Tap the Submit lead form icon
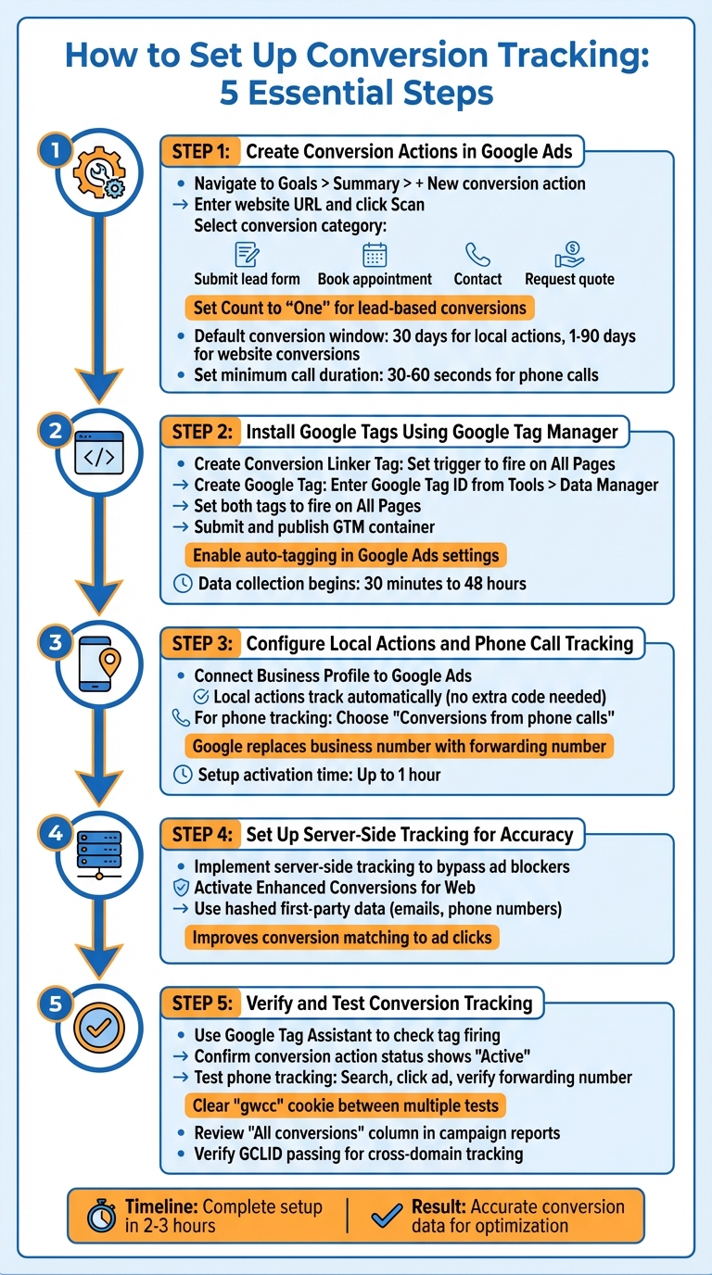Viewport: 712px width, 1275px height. [247, 254]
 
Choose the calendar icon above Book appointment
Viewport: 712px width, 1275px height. [375, 254]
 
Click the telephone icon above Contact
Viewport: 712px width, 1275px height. [477, 254]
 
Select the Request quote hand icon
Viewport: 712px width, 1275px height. [568, 254]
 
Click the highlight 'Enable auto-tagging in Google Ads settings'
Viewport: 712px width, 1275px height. [345, 556]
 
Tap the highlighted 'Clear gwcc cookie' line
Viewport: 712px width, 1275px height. [345, 1105]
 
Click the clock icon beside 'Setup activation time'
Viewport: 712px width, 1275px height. [183, 775]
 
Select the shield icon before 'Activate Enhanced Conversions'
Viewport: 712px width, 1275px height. [182, 888]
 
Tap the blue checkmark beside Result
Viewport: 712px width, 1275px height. [385, 1216]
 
